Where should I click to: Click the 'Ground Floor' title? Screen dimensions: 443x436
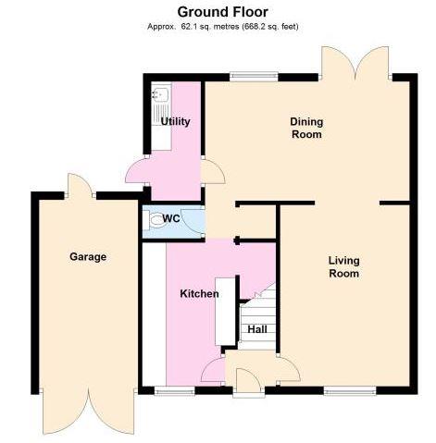pyautogui.click(x=218, y=11)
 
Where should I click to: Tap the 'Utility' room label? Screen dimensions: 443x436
pyautogui.click(x=176, y=121)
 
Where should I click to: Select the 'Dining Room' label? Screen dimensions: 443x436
pyautogui.click(x=305, y=128)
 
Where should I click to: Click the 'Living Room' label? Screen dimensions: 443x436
pyautogui.click(x=343, y=267)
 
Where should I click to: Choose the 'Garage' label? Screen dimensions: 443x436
pyautogui.click(x=88, y=256)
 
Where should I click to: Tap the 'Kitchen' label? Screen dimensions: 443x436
pyautogui.click(x=199, y=294)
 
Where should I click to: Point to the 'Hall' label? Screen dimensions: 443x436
pyautogui.click(x=256, y=328)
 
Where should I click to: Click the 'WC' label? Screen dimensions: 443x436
pyautogui.click(x=170, y=218)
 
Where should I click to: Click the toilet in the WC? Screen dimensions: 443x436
pyautogui.click(x=153, y=220)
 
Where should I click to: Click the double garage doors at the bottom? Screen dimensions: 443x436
pyautogui.click(x=88, y=412)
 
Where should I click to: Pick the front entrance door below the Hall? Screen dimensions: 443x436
pyautogui.click(x=248, y=382)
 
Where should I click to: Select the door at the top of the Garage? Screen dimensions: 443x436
pyautogui.click(x=80, y=184)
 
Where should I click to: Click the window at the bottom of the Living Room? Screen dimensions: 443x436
pyautogui.click(x=349, y=390)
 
